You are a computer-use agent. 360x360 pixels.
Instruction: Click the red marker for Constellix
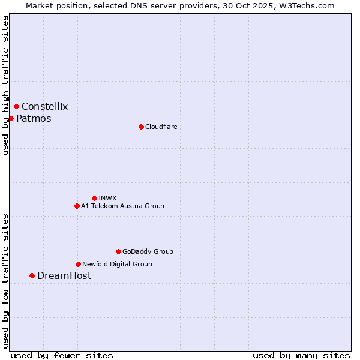coord(16,106)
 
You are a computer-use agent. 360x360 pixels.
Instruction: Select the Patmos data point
coord(11,118)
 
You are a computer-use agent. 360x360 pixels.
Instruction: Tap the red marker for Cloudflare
coord(141,127)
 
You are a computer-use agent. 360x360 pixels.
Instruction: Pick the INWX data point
coord(94,198)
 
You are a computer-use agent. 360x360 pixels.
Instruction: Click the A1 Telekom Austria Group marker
coord(77,206)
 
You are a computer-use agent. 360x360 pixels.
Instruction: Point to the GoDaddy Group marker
coord(118,251)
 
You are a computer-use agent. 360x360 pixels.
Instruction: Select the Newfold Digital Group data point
coord(78,264)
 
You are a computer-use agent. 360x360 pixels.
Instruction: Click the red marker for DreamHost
coord(32,275)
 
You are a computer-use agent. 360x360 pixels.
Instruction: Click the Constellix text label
coord(45,107)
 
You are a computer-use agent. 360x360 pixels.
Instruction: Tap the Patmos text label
coord(34,119)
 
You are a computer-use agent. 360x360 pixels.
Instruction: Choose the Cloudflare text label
coord(161,127)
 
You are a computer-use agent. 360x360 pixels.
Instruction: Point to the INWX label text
coord(107,199)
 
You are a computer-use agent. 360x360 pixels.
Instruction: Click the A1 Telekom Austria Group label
coord(122,206)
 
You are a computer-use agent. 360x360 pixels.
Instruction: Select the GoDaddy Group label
coord(148,252)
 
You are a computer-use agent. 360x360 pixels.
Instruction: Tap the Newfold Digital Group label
coord(117,265)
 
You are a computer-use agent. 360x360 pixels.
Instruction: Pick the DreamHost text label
coord(64,276)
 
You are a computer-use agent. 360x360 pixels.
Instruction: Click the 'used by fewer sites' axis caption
coord(62,356)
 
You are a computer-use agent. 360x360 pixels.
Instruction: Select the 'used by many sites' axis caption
coord(301,356)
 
